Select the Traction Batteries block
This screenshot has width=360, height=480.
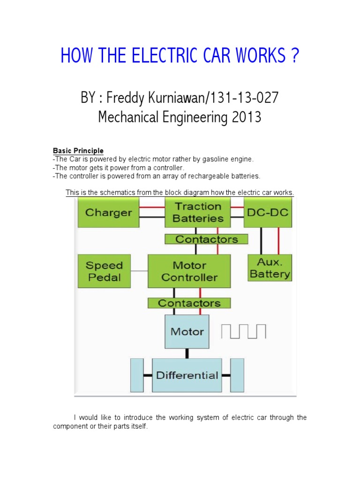(x=198, y=212)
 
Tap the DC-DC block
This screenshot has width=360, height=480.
(x=268, y=212)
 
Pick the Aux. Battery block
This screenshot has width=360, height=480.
(x=270, y=268)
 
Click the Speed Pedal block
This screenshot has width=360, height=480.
(x=104, y=271)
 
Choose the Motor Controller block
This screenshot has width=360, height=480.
(x=189, y=271)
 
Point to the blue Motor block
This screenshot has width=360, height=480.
(x=187, y=332)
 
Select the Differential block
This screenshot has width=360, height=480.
(x=187, y=375)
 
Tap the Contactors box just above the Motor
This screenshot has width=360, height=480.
(x=189, y=303)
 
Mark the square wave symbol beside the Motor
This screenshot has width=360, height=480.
(x=243, y=331)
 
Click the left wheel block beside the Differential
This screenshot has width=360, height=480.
(x=137, y=375)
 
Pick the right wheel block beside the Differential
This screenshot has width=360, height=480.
(x=237, y=375)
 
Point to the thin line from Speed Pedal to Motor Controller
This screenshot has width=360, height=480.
(x=139, y=271)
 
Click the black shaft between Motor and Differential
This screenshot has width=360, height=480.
(x=187, y=353)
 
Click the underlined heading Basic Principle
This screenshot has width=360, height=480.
(x=78, y=150)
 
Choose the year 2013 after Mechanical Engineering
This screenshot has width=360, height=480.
(x=247, y=117)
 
